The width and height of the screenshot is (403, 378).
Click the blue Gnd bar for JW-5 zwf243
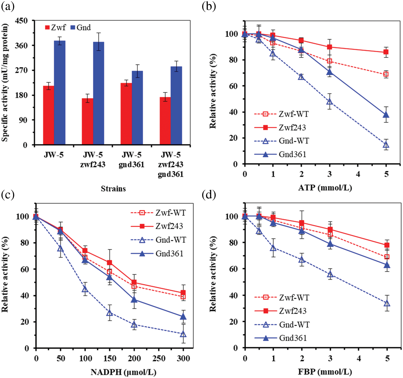(98, 93)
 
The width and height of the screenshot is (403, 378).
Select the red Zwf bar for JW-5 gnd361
(126, 113)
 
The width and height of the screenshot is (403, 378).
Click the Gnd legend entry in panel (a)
(81, 27)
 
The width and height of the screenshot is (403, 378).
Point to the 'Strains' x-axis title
(113, 188)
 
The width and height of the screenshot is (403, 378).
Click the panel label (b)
(209, 6)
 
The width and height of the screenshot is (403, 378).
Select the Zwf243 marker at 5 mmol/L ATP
(386, 52)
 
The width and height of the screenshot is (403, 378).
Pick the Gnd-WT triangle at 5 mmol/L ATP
(386, 145)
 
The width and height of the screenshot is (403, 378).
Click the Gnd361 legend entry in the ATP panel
(280, 154)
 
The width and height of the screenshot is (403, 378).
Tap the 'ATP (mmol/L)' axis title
(325, 188)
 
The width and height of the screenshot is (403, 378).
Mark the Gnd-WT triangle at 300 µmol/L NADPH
(183, 334)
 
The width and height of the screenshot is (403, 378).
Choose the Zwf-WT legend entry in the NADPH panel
(158, 213)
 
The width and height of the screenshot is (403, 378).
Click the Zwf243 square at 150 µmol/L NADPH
(110, 262)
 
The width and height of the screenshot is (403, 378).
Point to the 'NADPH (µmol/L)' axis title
(123, 372)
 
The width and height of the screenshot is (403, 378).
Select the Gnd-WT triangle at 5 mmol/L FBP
(387, 304)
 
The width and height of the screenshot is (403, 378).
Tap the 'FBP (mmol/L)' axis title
(325, 372)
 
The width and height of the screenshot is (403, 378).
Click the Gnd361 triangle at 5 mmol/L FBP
(387, 265)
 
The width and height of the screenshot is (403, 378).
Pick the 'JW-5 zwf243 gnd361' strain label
(171, 164)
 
